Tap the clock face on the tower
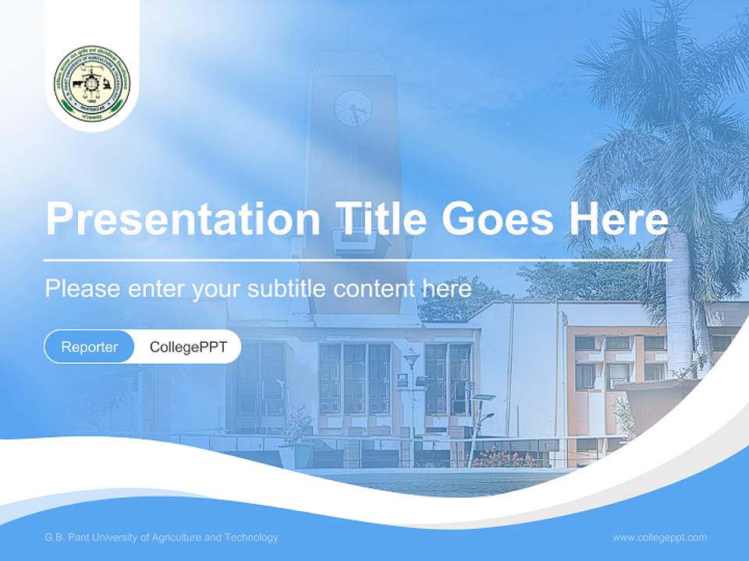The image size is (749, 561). [353, 108]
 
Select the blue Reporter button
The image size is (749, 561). [90, 347]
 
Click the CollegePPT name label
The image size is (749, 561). [188, 347]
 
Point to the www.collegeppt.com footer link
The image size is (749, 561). [659, 538]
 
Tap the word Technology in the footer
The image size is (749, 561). [250, 538]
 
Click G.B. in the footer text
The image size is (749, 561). [55, 538]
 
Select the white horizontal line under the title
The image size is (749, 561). [357, 259]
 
